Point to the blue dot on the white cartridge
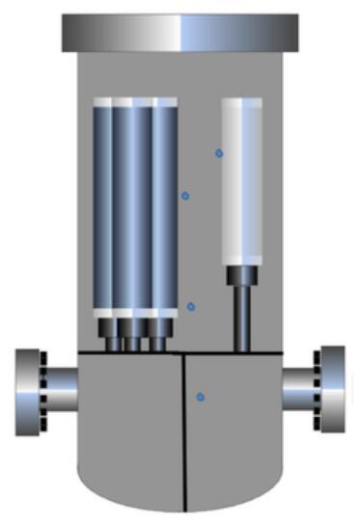[x=219, y=153]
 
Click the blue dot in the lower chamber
[x=200, y=397]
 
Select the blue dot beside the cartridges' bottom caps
[x=191, y=307]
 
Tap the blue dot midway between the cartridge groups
[x=185, y=196]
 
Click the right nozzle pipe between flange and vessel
[x=299, y=390]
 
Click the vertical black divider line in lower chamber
[x=183, y=434]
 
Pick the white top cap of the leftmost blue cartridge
[x=102, y=101]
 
